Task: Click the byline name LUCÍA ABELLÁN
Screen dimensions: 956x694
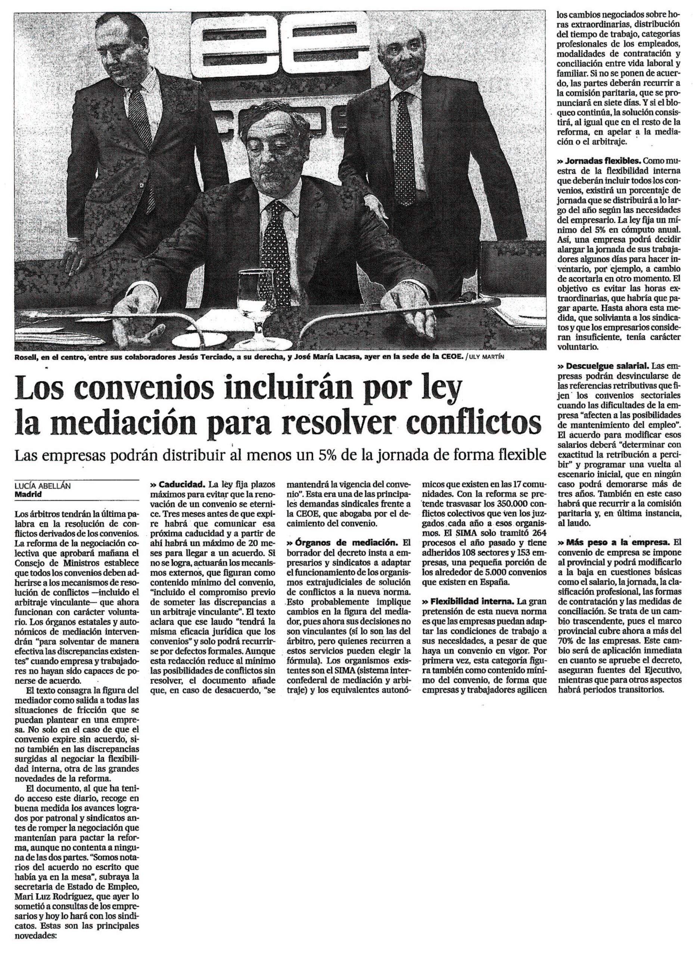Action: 43,485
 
